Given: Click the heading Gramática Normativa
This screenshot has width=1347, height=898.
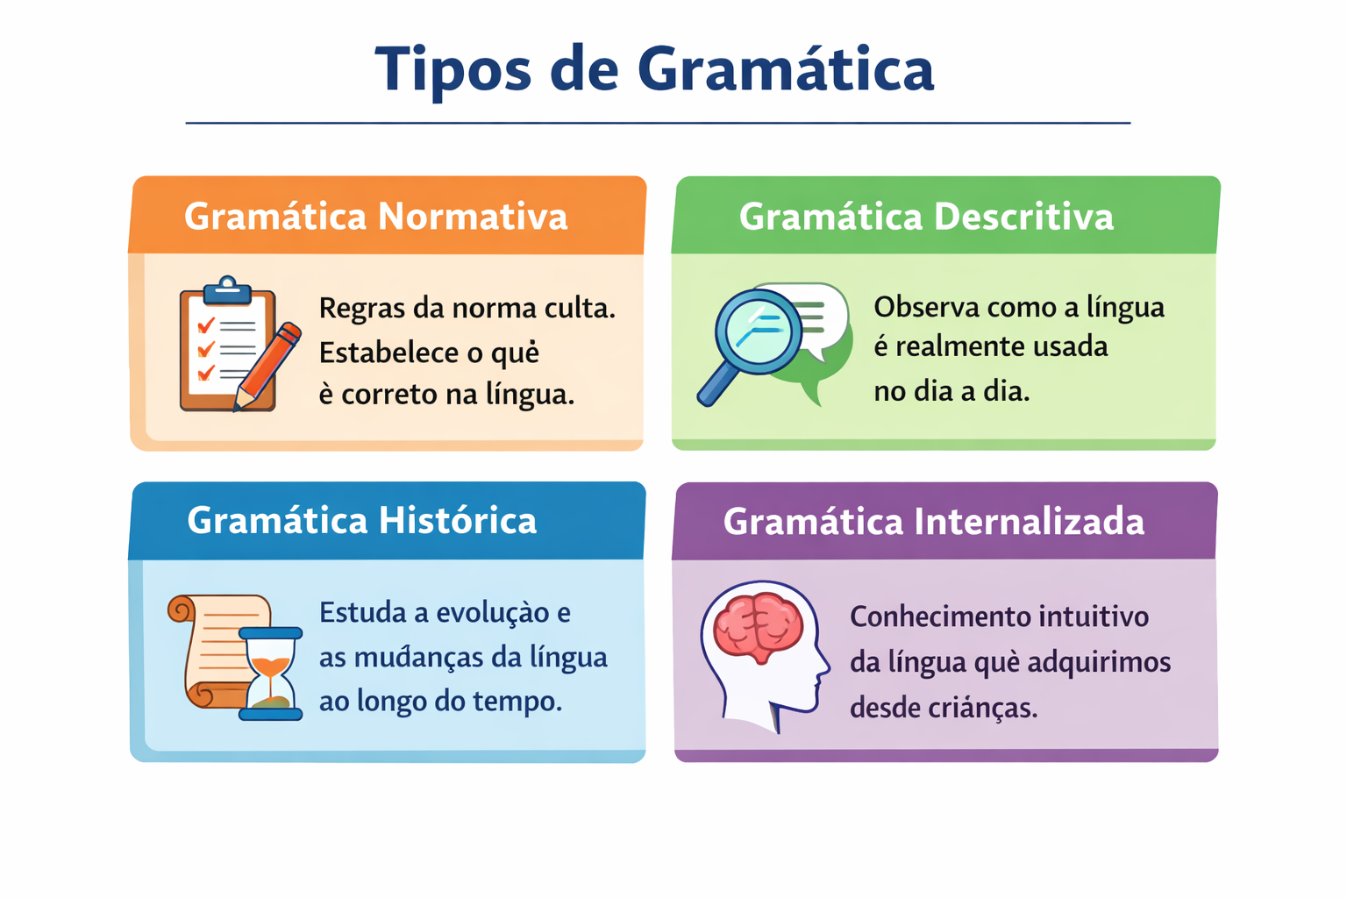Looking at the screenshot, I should [x=375, y=216].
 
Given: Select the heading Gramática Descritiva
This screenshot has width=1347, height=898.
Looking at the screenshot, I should [x=926, y=216].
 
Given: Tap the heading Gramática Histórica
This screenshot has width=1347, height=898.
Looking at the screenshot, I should [x=361, y=520].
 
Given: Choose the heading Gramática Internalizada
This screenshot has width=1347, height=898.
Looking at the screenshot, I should [x=933, y=522].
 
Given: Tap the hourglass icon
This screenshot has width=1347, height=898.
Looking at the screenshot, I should [x=271, y=673].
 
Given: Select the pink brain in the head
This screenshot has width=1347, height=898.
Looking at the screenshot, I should [x=759, y=625].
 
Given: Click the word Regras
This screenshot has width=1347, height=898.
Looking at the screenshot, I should [x=360, y=309].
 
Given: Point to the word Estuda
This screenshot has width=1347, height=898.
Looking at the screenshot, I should [x=362, y=612].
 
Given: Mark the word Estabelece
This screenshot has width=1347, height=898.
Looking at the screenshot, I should [x=388, y=353].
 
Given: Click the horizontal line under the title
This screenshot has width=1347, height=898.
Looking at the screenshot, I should [x=658, y=124].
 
